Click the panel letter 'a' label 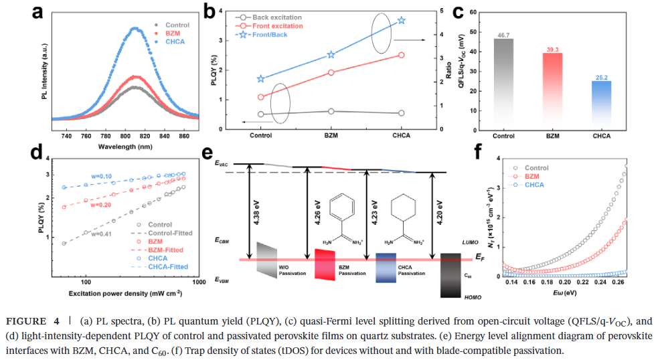(40, 11)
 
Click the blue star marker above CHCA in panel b (401, 21)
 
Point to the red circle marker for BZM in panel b (331, 72)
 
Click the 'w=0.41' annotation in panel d (100, 234)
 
